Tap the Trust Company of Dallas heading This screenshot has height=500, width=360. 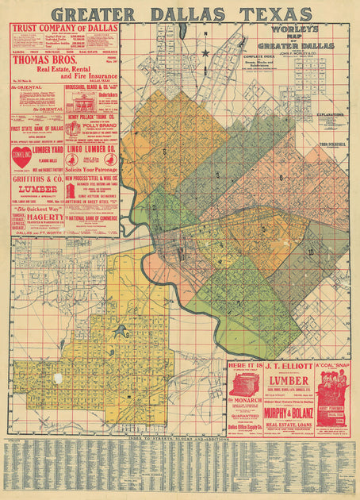coord(63,29)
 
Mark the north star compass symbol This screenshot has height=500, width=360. coord(205,54)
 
